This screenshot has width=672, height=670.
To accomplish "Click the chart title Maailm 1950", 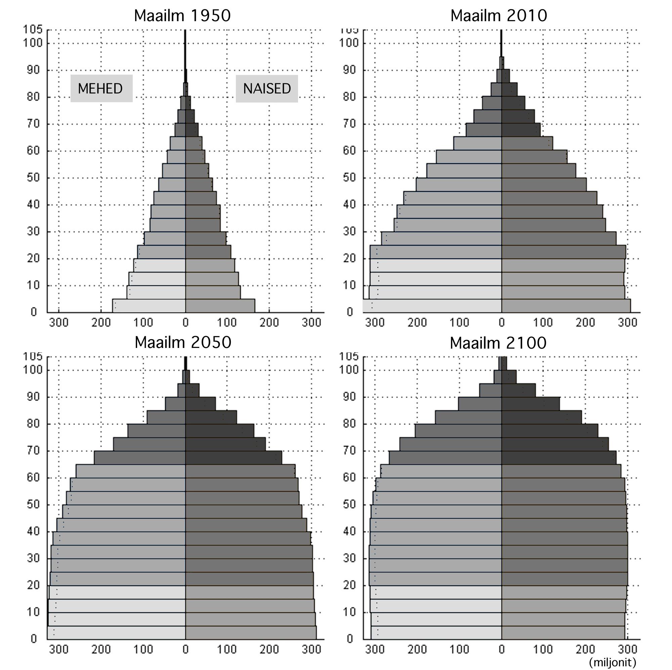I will pos(182,16).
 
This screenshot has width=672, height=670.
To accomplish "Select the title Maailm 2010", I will pos(498,16).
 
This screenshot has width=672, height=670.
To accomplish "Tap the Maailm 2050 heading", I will pos(183,343).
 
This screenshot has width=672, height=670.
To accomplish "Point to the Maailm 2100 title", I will pos(498,343).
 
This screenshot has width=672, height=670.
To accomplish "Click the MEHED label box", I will pos(101,88).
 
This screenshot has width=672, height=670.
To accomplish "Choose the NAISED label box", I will pos(267,88).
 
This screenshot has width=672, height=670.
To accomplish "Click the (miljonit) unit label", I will pos(613,662).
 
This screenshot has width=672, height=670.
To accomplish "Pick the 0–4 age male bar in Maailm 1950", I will pos(149,306).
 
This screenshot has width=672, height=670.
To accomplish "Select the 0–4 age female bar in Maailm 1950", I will pos(220,306).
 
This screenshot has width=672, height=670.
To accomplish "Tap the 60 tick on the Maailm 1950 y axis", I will pos(34,151).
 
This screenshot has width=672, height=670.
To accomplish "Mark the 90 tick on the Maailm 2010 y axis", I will pos(349,70).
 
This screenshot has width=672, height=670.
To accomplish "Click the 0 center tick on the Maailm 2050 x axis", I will pos(185,649).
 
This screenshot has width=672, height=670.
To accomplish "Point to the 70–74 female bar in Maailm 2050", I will pos(225,444).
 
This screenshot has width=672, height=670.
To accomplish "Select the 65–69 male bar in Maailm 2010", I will pos(484,130).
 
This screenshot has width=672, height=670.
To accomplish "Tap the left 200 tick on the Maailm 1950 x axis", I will pos(101,323).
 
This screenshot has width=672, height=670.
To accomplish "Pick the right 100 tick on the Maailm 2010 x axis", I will pos(543,323).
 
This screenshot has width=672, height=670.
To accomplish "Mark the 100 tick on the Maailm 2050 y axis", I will pos(32,370).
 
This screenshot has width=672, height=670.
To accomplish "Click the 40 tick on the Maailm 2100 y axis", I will pos(349,531).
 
